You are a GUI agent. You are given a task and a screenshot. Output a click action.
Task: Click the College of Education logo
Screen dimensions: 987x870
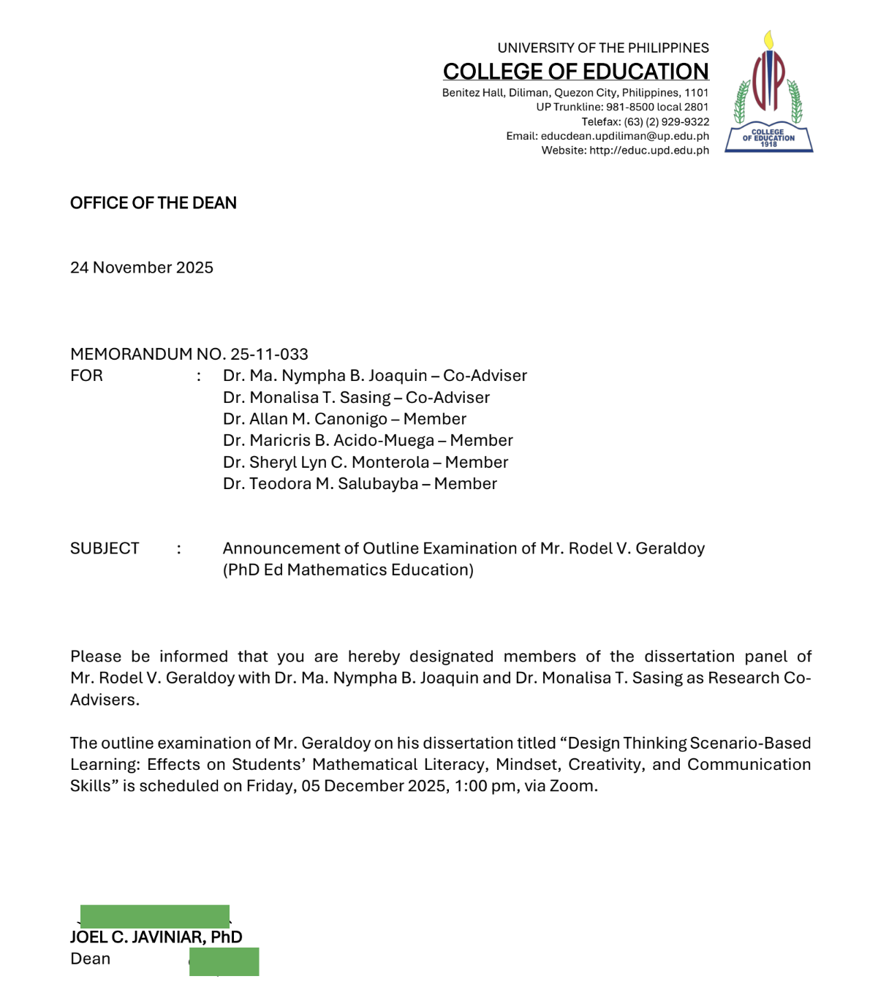(768, 92)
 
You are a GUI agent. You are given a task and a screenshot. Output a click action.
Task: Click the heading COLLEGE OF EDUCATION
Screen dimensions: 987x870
(575, 71)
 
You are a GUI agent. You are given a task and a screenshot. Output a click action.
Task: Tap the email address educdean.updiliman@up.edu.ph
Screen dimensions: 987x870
(624, 136)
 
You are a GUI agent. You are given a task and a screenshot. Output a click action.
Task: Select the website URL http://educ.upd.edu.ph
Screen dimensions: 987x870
(648, 151)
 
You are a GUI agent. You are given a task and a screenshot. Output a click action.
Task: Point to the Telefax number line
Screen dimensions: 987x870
(645, 121)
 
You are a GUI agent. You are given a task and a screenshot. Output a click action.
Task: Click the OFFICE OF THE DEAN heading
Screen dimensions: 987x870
(154, 203)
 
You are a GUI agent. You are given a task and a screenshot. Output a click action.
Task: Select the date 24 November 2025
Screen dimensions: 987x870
(142, 268)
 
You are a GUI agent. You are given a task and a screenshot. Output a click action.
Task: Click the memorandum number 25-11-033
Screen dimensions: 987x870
(269, 354)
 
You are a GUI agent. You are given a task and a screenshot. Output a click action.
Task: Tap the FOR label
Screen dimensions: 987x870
(86, 376)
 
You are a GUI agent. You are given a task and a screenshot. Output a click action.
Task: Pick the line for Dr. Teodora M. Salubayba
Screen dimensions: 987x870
(360, 484)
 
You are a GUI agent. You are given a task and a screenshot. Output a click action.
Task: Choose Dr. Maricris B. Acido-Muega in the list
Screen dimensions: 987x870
(341, 441)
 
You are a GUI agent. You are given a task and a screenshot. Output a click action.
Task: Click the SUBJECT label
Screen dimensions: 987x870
(105, 548)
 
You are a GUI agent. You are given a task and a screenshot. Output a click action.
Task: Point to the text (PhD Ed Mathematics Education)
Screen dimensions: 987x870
(348, 570)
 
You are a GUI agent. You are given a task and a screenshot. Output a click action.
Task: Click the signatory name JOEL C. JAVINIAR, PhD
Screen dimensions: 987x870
(156, 937)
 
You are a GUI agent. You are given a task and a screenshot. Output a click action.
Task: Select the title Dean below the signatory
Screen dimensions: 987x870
(90, 958)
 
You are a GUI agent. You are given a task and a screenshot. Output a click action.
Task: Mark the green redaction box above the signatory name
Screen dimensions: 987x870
(155, 916)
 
